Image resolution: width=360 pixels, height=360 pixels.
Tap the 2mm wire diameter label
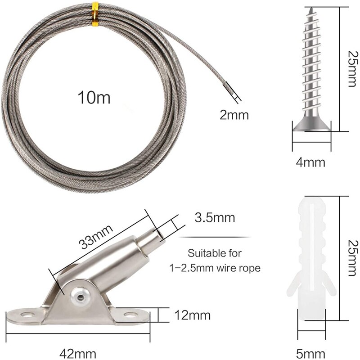[x=234, y=115]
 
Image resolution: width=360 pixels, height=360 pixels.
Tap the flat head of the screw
[x=312, y=126]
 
